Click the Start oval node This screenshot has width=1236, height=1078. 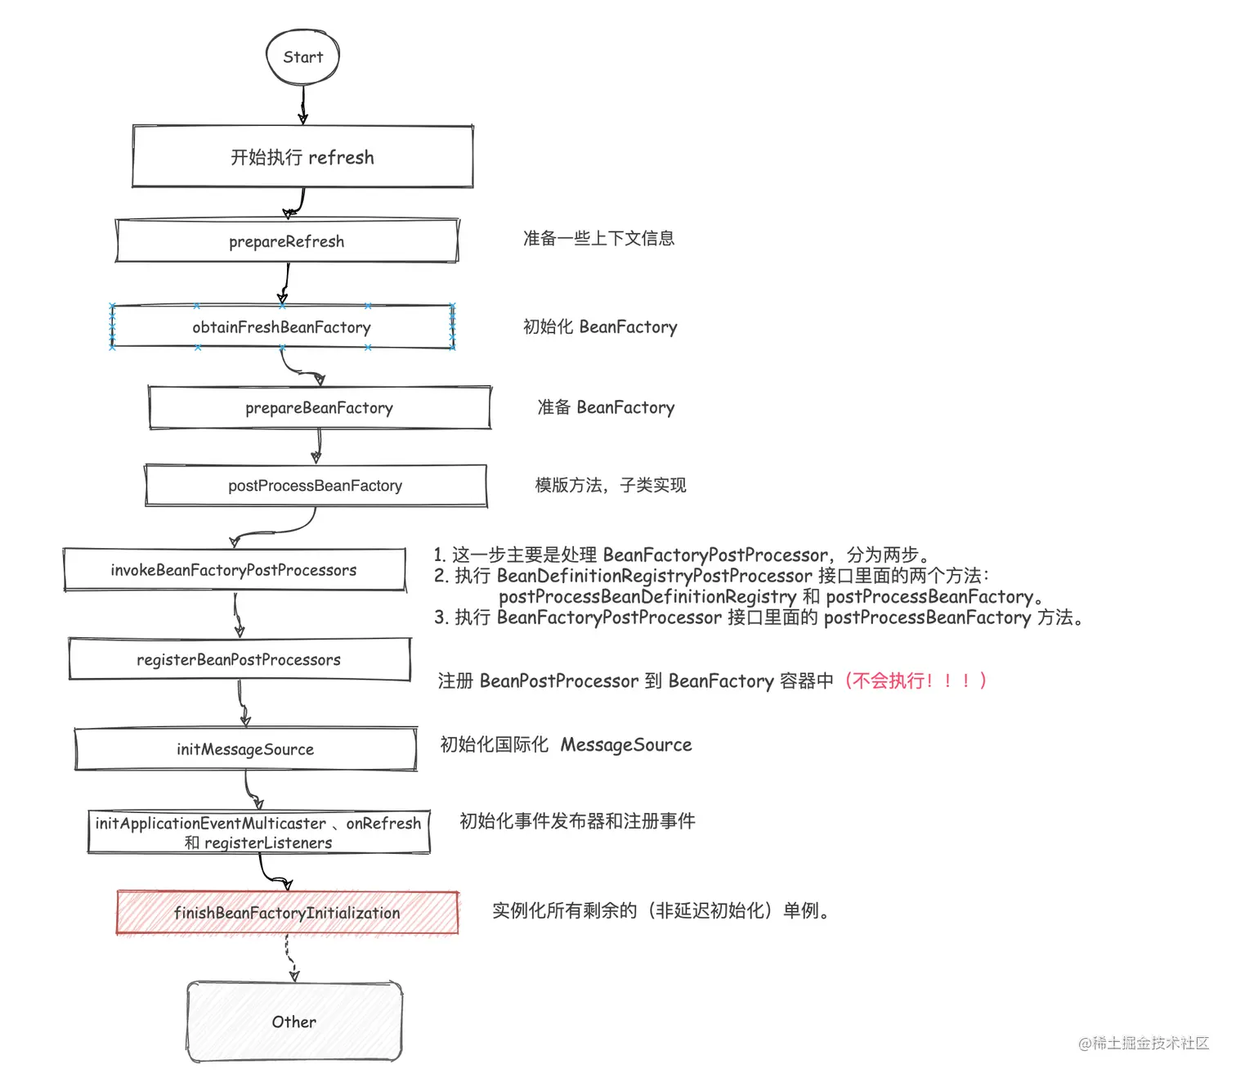302,56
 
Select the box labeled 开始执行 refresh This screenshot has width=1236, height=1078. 302,157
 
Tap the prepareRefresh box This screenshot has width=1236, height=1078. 287,241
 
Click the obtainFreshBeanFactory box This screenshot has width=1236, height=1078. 282,327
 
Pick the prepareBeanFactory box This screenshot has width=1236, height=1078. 320,407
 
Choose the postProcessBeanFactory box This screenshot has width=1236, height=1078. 316,486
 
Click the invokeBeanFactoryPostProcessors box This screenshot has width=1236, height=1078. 234,570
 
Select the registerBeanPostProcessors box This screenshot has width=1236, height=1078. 239,659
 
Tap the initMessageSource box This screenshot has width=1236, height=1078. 245,749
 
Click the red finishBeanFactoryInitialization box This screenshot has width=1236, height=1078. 287,913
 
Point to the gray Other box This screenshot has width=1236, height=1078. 294,1022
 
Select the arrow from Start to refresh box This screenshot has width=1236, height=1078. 303,104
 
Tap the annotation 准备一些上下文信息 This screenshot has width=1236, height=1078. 598,238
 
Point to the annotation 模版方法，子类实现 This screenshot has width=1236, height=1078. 611,486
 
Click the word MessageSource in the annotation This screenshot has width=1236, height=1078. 626,745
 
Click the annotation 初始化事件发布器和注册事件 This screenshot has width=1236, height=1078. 577,821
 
